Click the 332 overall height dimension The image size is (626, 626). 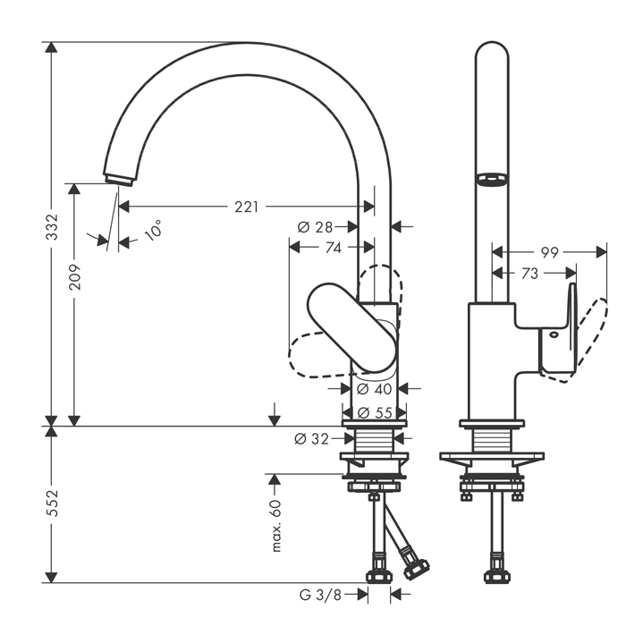[52, 227]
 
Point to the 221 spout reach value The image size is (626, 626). [247, 207]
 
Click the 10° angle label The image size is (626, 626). [154, 231]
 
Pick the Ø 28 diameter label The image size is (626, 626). [315, 227]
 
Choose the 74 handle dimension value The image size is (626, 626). [333, 249]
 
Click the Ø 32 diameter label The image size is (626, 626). [313, 439]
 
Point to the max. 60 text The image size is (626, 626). [276, 526]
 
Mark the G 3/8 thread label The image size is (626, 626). [320, 594]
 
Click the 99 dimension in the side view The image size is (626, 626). [550, 253]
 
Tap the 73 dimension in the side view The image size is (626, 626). [530, 274]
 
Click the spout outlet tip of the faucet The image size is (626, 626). [117, 177]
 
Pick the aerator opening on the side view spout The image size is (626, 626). [488, 179]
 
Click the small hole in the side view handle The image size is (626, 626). [554, 335]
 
